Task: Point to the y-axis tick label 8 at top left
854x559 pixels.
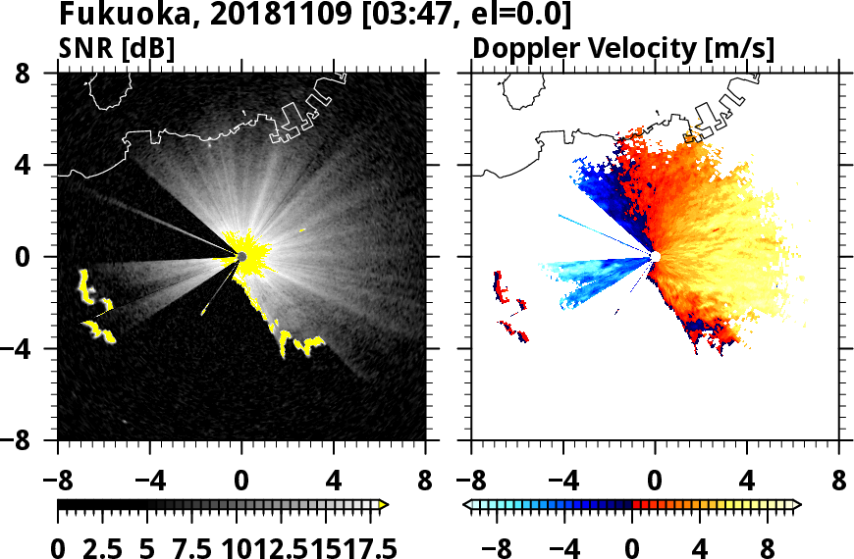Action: pos(39,74)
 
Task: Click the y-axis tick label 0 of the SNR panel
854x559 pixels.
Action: pos(39,257)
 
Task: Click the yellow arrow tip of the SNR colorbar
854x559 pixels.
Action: pos(384,505)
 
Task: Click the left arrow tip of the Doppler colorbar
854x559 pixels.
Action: pos(466,505)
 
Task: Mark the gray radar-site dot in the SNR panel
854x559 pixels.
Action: pos(241,257)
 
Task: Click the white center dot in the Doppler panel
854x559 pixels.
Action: pos(655,257)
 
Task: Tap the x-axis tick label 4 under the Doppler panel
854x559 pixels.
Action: pos(748,483)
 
